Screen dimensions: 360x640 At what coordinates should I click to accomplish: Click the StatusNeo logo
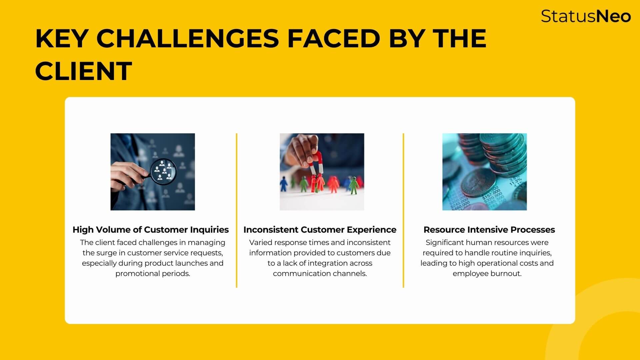(x=586, y=16)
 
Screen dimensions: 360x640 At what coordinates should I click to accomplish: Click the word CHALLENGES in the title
(x=187, y=39)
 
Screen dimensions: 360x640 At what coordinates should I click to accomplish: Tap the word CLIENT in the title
(x=83, y=71)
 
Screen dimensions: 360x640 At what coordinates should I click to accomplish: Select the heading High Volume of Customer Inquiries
(x=151, y=230)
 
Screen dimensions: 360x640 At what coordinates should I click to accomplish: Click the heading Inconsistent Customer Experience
(x=320, y=230)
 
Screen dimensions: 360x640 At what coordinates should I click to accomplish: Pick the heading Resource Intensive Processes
(x=489, y=230)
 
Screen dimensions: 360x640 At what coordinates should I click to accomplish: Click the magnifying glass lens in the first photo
(x=163, y=171)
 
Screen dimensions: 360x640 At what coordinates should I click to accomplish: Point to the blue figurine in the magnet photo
(x=284, y=184)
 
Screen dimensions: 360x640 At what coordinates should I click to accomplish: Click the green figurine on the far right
(x=353, y=185)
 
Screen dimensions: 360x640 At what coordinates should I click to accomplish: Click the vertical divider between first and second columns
(x=237, y=210)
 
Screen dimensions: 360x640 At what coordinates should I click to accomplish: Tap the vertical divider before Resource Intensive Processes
(x=403, y=210)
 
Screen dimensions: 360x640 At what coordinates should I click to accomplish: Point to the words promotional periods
(x=153, y=274)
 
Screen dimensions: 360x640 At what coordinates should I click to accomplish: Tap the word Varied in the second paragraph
(x=261, y=243)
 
